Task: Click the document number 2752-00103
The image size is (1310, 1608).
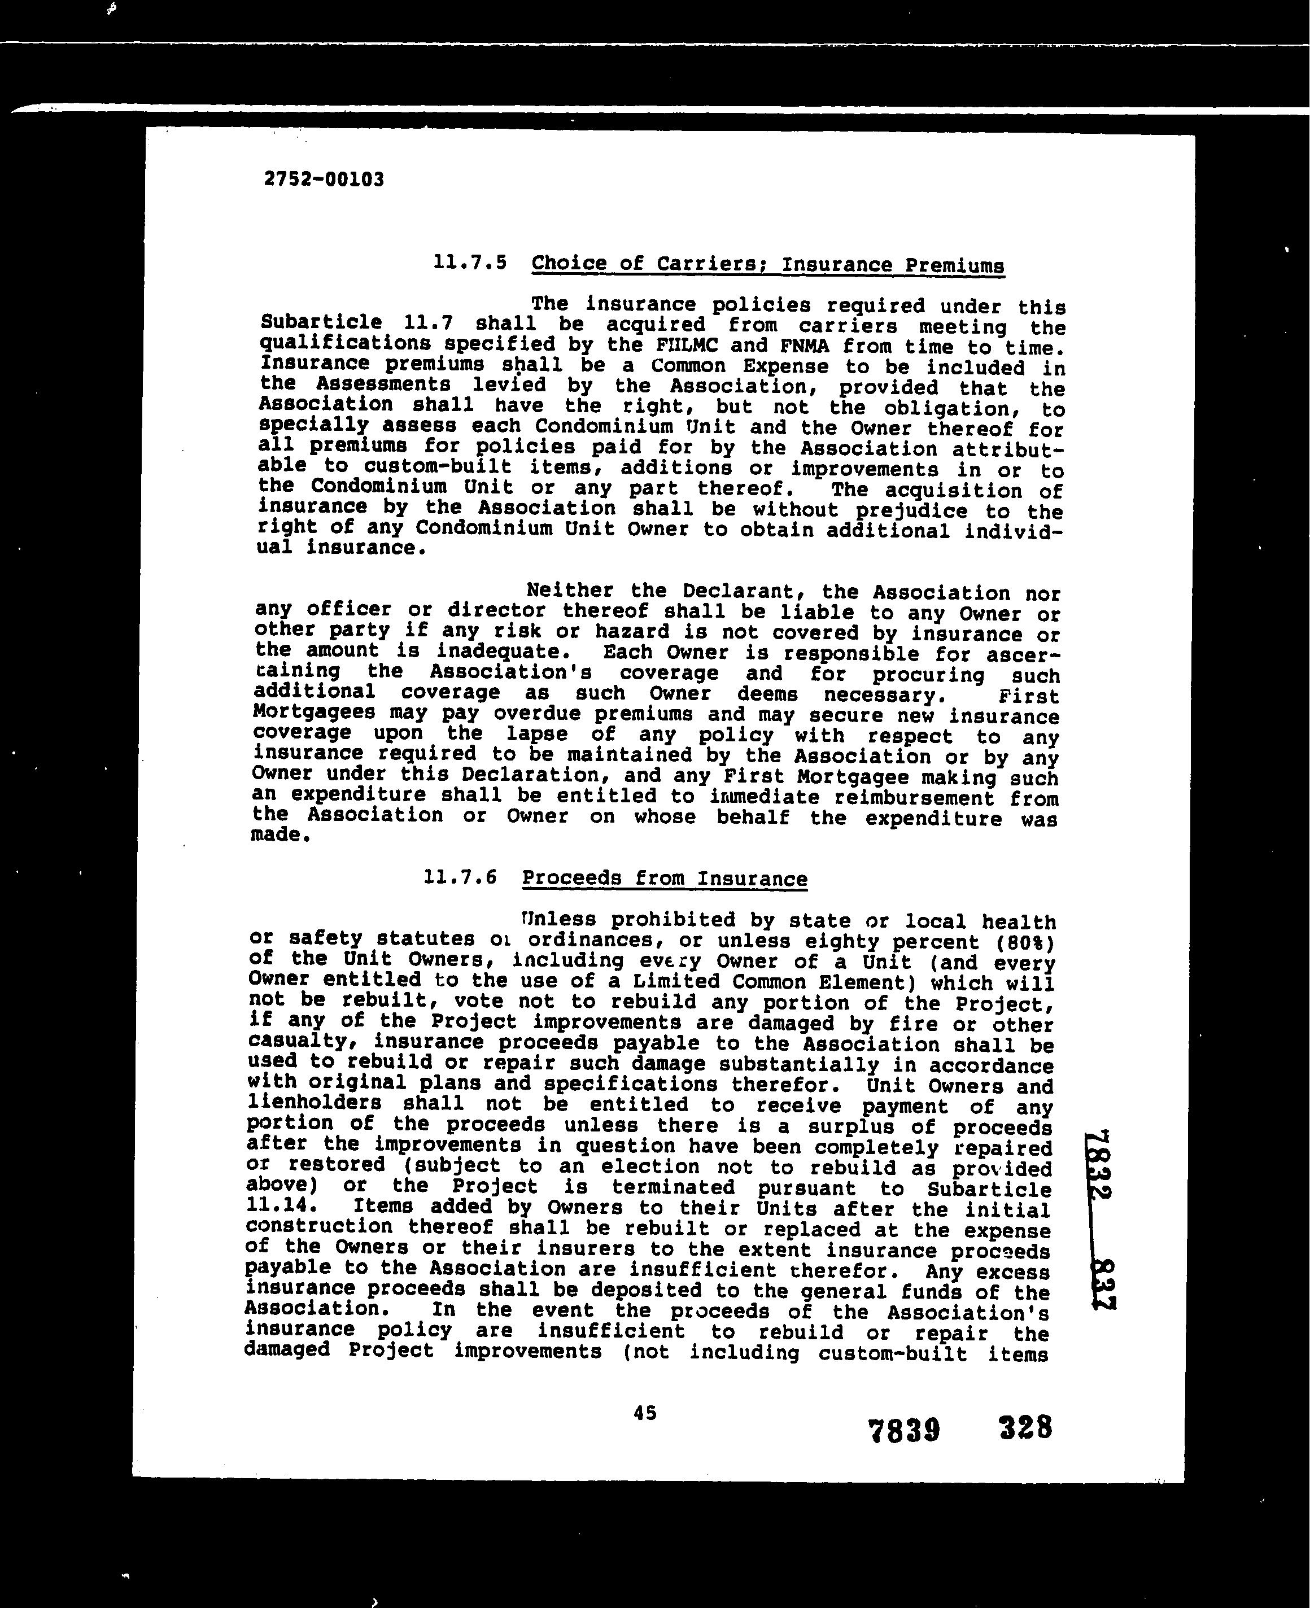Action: click(324, 180)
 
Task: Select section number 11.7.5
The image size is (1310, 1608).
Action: click(469, 263)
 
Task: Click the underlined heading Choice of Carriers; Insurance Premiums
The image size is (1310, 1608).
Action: click(767, 265)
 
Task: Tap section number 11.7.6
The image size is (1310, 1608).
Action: click(460, 877)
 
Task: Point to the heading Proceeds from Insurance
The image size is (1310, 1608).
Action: click(664, 879)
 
